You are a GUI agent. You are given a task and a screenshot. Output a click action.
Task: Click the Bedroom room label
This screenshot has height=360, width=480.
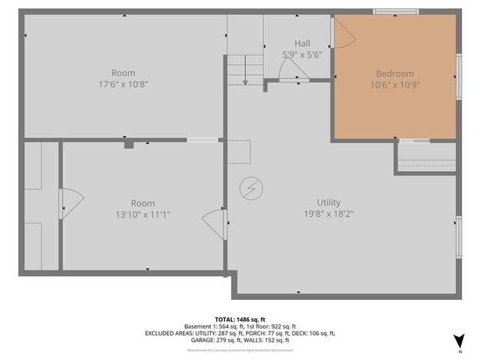tap(394, 73)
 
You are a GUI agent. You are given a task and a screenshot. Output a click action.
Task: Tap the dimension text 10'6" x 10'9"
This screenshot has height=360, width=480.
tap(394, 85)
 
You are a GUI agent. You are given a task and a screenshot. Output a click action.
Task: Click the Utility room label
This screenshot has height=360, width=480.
tap(328, 202)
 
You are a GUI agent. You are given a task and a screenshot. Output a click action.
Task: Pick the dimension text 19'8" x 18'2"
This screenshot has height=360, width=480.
tap(328, 214)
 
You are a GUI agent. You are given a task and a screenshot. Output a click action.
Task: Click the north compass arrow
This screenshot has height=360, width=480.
tap(459, 339)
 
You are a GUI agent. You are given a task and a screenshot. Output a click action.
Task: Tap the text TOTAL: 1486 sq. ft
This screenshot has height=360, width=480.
tap(240, 319)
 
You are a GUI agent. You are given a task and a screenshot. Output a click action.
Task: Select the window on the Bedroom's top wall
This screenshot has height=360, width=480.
tap(396, 12)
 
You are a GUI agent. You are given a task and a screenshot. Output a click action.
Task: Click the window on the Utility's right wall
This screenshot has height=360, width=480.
tap(459, 238)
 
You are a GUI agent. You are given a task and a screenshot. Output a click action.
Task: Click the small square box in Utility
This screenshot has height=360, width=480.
tap(240, 151)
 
